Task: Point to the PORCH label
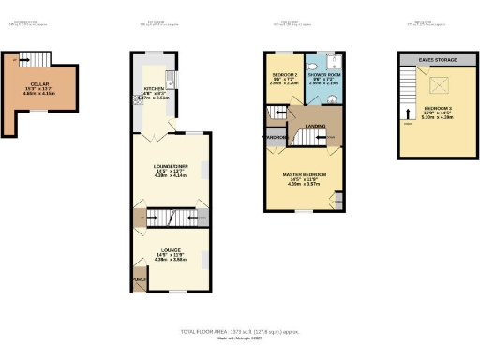point(140,279)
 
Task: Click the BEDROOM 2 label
point(285,73)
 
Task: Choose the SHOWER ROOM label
point(322,73)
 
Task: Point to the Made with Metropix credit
point(239,338)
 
